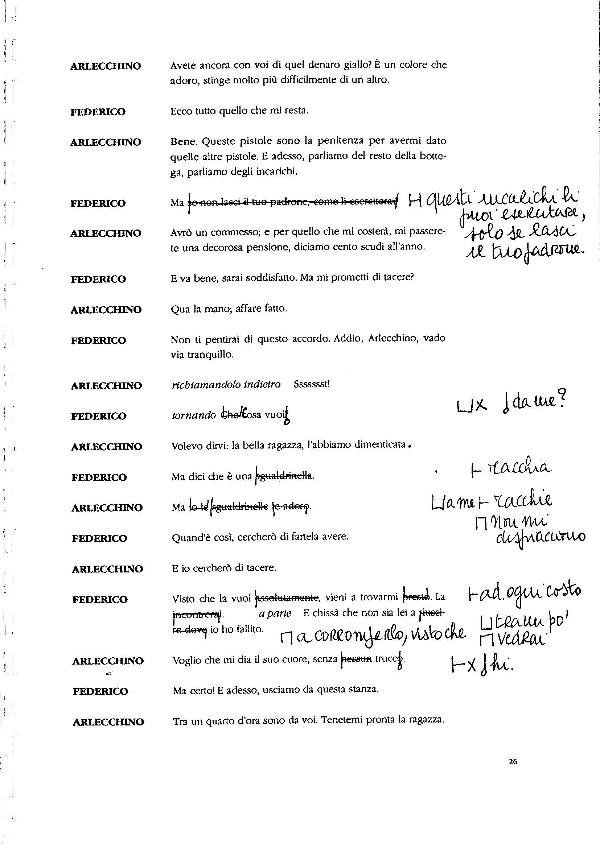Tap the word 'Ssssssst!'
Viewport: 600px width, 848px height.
coord(312,384)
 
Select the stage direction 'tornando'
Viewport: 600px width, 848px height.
coord(194,415)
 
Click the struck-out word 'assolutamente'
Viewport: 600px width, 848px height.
coord(287,597)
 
